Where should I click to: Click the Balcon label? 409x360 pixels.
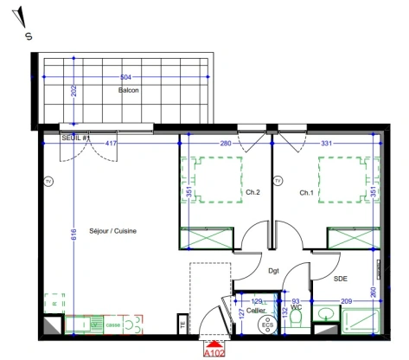click(x=129, y=90)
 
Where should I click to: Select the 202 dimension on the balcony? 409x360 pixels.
click(x=74, y=92)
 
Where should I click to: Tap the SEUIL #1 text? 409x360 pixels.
click(x=77, y=138)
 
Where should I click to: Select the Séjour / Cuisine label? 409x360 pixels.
click(x=113, y=231)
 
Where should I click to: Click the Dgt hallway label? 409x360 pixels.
click(x=273, y=271)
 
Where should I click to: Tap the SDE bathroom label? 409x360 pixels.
click(x=341, y=279)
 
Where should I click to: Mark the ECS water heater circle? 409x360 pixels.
click(x=267, y=325)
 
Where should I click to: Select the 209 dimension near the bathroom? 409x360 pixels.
click(x=346, y=301)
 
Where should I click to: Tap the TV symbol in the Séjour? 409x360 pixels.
click(x=48, y=181)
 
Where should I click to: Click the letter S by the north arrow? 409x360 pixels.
click(x=29, y=36)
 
